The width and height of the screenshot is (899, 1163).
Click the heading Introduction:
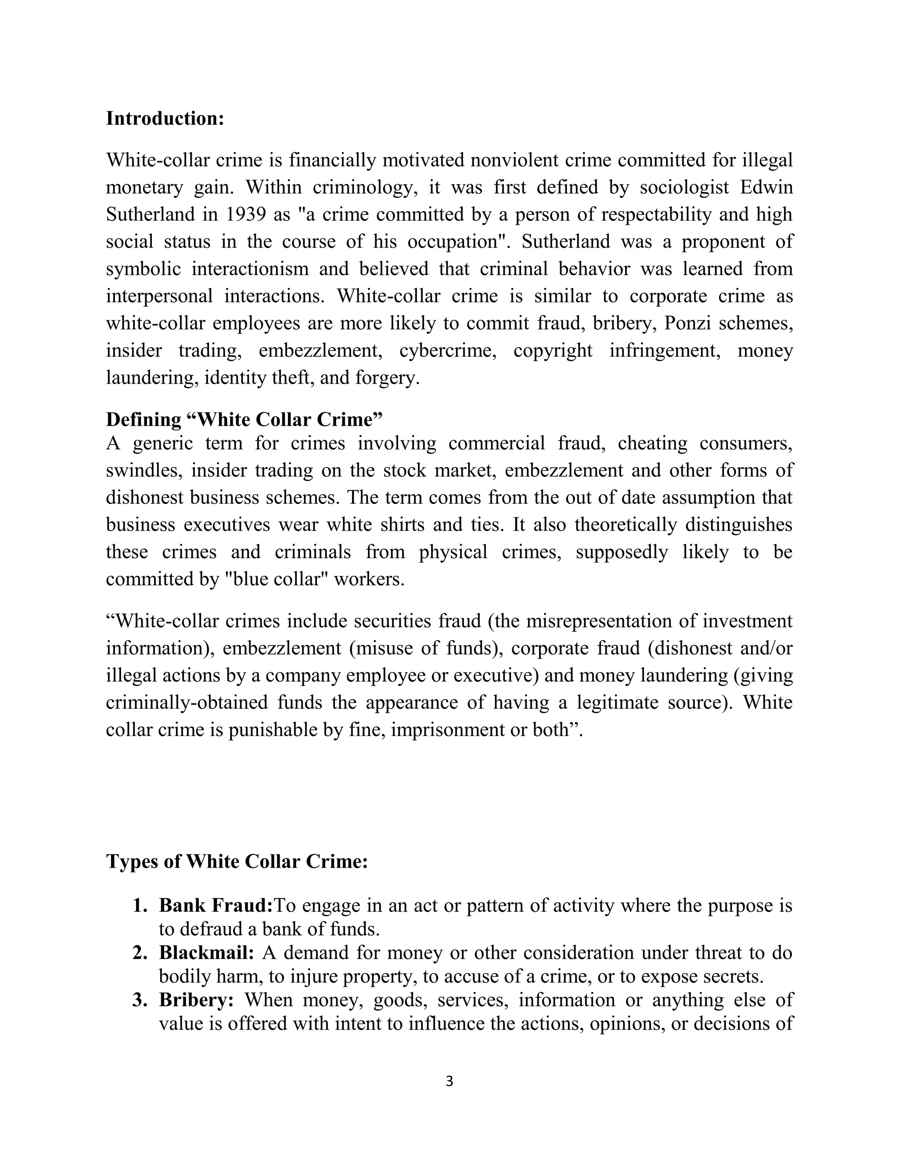pos(165,118)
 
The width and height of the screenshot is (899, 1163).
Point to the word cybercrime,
pos(448,350)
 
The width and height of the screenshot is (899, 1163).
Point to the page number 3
pos(449,1081)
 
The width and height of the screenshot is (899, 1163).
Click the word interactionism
pos(250,269)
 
